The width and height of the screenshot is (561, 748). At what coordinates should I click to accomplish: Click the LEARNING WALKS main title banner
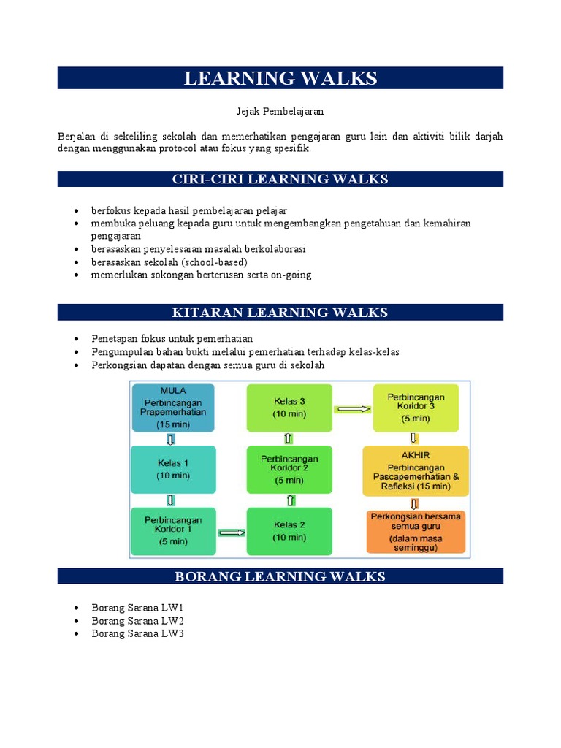280,78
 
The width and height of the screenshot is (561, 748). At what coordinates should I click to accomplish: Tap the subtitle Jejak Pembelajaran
280,112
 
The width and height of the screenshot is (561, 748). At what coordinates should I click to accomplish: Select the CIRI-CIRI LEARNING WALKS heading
280,179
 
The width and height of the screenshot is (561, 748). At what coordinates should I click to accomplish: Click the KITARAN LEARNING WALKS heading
280,313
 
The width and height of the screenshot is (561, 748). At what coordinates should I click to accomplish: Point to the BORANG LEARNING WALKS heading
280,576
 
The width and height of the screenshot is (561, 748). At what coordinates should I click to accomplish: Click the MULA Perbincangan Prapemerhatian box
173,408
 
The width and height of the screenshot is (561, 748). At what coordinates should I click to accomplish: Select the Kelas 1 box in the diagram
173,469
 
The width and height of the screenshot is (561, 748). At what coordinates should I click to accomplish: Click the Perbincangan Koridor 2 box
289,469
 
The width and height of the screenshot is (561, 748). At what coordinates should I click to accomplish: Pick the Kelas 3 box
289,408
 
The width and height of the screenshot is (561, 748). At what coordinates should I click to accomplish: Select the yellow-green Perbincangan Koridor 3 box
416,408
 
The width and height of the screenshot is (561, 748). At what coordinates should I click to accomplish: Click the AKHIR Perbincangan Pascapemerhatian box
416,469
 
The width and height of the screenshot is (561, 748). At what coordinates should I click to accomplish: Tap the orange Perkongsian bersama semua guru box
416,531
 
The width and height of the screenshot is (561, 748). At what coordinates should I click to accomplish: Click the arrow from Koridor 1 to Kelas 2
232,533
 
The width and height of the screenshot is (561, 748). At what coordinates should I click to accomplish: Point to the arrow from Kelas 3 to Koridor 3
352,409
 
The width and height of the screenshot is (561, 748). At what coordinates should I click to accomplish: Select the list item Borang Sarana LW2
137,620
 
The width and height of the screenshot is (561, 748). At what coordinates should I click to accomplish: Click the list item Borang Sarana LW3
137,633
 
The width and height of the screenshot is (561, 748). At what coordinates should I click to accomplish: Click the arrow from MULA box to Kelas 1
171,439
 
